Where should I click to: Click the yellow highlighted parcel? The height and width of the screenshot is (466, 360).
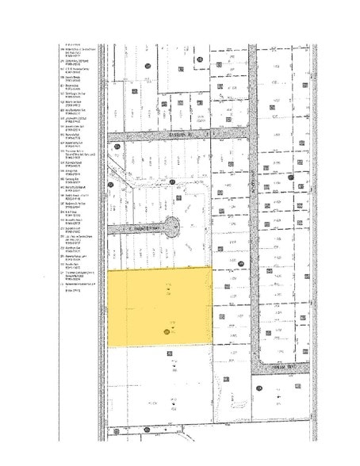[x=159, y=305]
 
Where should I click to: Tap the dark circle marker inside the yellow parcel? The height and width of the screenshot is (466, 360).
[x=167, y=333]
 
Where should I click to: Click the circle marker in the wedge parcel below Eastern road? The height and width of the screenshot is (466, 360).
[x=117, y=147]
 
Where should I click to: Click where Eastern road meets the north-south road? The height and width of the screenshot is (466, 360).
[x=254, y=136]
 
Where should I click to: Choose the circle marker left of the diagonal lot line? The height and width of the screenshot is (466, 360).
[x=111, y=185]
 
